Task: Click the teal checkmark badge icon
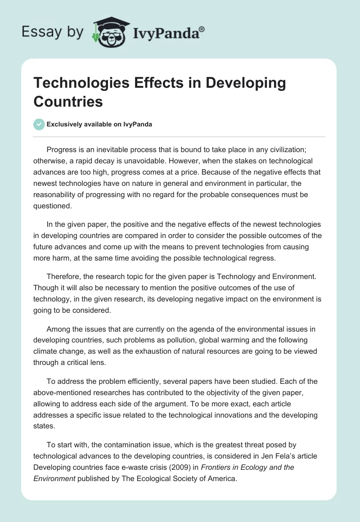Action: click(39, 124)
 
